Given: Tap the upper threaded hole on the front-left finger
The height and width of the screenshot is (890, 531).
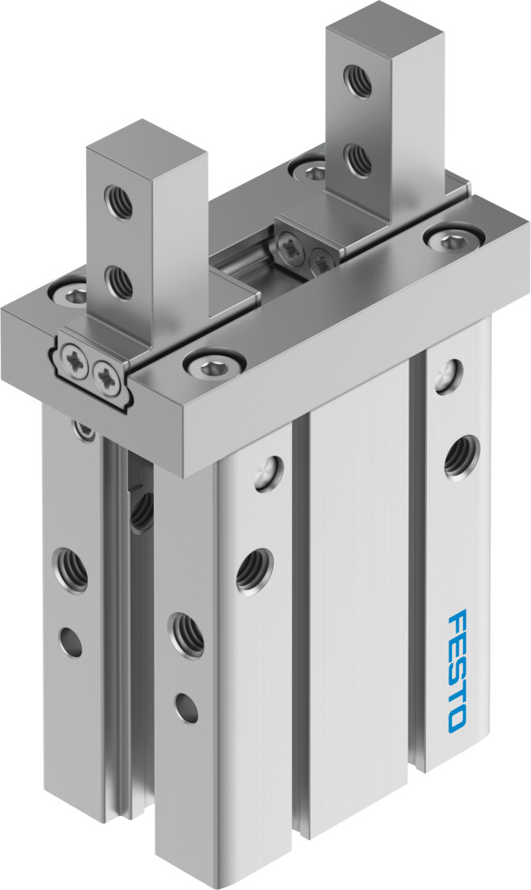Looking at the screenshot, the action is coord(118,202).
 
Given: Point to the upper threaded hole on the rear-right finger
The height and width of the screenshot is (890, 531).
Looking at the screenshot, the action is coord(358,81).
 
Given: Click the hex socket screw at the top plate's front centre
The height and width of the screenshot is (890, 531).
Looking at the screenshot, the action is coord(214,364).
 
